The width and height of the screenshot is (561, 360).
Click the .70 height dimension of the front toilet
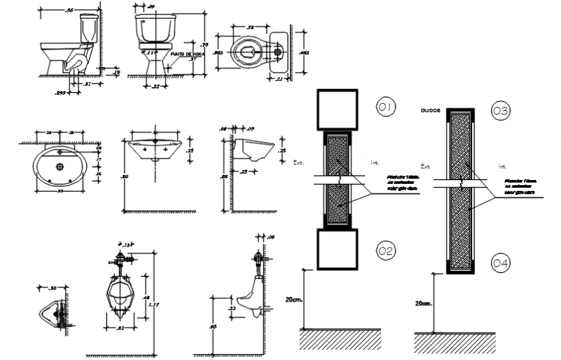point(205,44)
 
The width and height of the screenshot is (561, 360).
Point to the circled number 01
point(387,106)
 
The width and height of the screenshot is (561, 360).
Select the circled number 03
point(500,111)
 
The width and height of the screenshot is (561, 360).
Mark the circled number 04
point(500,263)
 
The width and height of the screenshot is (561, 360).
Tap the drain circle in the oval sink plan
point(61,166)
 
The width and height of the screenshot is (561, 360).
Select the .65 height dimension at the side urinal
point(212,327)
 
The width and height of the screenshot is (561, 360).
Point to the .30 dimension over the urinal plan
point(54,288)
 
